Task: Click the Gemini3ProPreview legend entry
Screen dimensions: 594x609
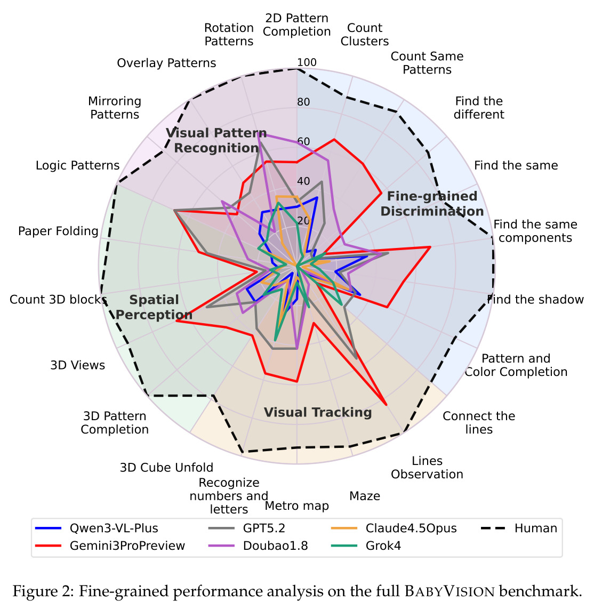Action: point(110,546)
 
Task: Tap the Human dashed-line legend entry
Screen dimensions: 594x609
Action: point(519,528)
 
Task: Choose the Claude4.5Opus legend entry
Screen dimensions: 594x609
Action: point(394,528)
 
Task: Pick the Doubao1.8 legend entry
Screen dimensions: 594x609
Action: point(258,546)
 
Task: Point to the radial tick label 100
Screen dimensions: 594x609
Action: point(307,62)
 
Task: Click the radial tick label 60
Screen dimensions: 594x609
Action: point(303,141)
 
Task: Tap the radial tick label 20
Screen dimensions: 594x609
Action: point(303,221)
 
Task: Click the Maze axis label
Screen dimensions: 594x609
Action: point(365,496)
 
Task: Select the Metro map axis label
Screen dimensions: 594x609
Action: point(297,506)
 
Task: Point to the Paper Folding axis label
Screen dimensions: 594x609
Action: point(58,231)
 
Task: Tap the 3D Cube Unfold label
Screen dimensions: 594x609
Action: point(166,467)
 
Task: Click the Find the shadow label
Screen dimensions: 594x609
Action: point(535,300)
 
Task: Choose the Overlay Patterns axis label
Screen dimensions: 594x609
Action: point(166,63)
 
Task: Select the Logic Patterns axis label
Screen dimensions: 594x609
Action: point(78,165)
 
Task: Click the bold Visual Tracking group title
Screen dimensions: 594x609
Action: point(318,412)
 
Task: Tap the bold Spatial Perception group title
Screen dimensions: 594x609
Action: point(154,307)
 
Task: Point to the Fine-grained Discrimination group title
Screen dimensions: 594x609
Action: point(432,204)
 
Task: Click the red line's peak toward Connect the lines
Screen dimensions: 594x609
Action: point(386,405)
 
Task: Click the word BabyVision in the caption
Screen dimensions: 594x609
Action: point(450,591)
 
